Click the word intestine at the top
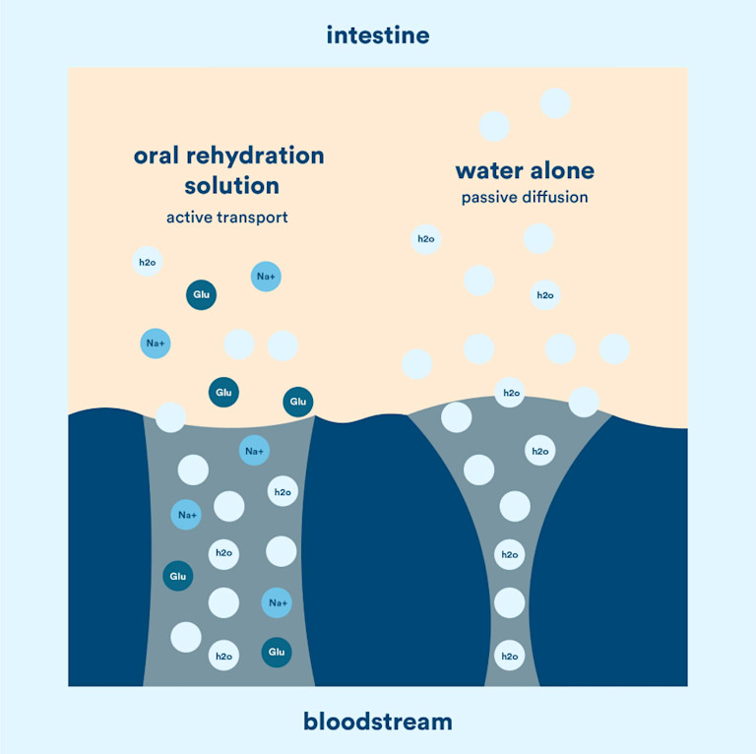point(378,36)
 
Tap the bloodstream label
point(378,722)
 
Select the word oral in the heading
point(161,156)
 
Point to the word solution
point(229,186)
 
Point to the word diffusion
point(556,198)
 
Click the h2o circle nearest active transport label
point(147,263)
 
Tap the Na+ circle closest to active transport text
point(266,277)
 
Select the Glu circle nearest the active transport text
point(202,294)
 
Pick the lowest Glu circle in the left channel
point(277,652)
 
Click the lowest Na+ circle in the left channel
point(277,602)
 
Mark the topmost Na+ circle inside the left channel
point(254,452)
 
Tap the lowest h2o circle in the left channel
point(223,656)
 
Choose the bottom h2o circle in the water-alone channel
point(509,656)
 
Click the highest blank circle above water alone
point(556,102)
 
